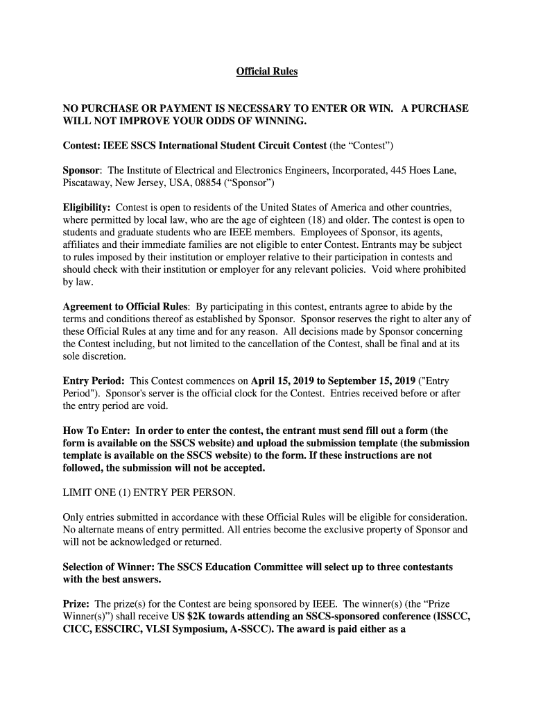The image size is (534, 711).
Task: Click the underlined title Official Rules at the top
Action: tap(267, 72)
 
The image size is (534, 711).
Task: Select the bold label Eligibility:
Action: tap(87, 208)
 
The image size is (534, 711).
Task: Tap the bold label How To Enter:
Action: tap(93, 430)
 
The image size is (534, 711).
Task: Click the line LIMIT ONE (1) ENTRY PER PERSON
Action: tap(149, 493)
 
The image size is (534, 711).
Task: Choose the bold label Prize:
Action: tap(77, 604)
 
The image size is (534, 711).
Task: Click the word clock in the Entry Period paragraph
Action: tap(262, 394)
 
